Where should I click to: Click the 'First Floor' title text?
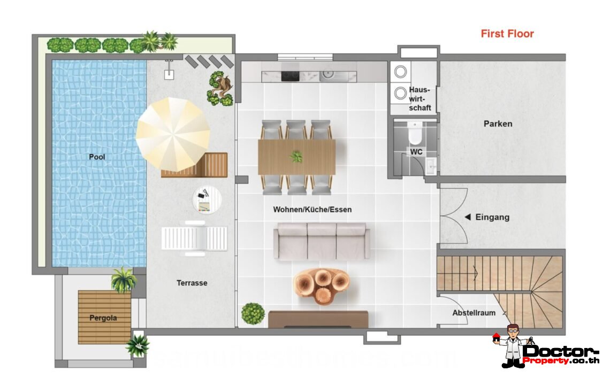[x=507, y=34]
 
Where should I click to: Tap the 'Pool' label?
[x=97, y=157]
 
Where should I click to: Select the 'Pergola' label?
[x=103, y=318]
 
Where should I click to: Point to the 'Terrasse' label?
[x=192, y=283]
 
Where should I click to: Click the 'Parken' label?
[x=498, y=123]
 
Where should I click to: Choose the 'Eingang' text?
[x=492, y=218]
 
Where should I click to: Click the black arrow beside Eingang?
[x=468, y=217]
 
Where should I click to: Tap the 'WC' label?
[x=416, y=152]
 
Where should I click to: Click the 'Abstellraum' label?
[x=474, y=313]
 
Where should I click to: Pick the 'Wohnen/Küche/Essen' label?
[x=312, y=210]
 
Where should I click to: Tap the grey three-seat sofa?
[x=321, y=241]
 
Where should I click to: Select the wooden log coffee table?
[x=322, y=285]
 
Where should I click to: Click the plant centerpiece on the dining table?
[x=296, y=157]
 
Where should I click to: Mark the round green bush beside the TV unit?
[x=253, y=313]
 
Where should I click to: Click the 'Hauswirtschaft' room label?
[x=420, y=99]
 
